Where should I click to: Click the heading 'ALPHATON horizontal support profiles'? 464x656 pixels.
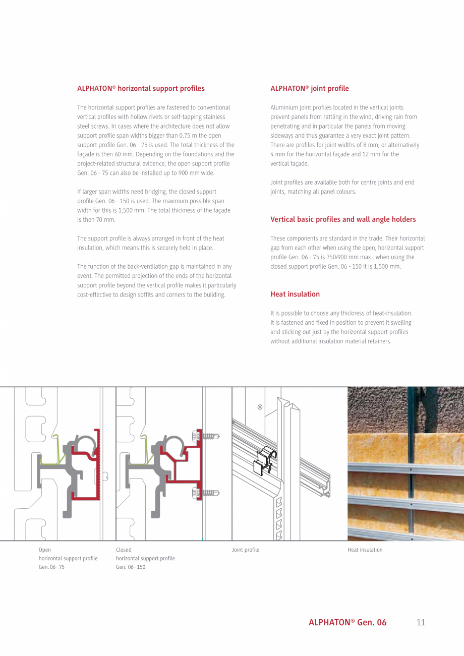tap(141, 88)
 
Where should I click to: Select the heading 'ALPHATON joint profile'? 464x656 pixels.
tap(309, 88)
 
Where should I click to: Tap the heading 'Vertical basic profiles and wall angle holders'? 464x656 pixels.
tap(343, 219)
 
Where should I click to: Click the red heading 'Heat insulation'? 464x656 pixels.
tap(295, 294)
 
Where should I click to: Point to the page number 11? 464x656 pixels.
tap(421, 622)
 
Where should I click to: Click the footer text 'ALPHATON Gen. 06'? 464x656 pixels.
tap(347, 622)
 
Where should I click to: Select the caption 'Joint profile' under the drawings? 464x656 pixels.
tap(245, 550)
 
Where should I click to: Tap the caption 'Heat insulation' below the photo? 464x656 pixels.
tap(365, 550)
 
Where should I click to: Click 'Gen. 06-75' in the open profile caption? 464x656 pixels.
tap(51, 567)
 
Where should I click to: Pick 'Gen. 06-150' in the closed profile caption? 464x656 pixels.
tap(130, 567)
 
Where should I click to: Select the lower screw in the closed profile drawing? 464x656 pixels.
tap(206, 493)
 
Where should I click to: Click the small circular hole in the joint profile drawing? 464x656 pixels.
tap(260, 407)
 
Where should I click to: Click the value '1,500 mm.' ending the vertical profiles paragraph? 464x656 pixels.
tap(388, 266)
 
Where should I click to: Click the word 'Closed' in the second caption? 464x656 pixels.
tap(124, 550)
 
